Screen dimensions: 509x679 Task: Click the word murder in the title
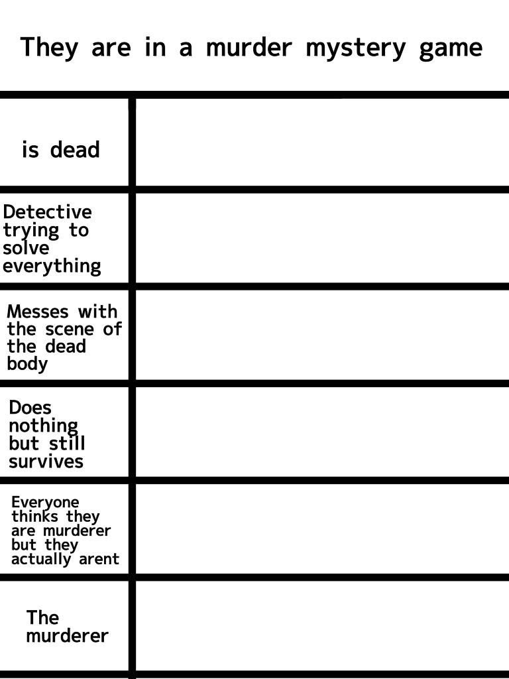[249, 47]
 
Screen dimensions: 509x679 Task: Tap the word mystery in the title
[356, 49]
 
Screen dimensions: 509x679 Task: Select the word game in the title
[451, 49]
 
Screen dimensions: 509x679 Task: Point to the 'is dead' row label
[61, 149]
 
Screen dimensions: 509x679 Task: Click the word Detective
[47, 212]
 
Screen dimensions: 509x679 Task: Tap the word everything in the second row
[52, 267]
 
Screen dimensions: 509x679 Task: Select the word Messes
[38, 312]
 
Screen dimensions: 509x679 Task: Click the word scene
[70, 329]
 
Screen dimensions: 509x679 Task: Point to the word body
[27, 364]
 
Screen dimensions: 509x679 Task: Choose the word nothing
[43, 426]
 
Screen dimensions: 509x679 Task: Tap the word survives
[46, 462]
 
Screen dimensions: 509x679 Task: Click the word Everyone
[45, 503]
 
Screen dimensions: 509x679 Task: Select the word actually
[41, 559]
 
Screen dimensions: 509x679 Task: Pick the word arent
[99, 559]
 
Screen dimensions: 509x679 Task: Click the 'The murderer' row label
[67, 627]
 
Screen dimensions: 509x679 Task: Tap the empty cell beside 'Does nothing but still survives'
[323, 432]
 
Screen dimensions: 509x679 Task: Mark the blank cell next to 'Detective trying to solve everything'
[323, 238]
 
